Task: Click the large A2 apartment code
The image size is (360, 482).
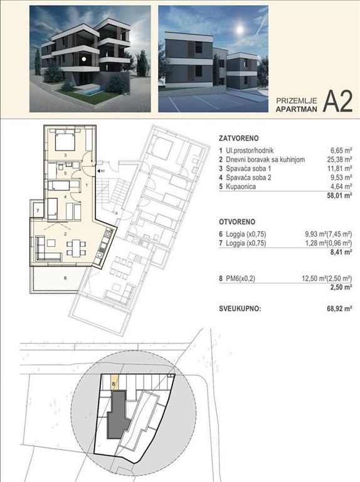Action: (337, 101)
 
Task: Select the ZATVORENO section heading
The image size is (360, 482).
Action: (239, 137)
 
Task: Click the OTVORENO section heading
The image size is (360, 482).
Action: (237, 222)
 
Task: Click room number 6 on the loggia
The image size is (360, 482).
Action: (65, 277)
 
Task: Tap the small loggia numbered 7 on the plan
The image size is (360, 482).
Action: (38, 210)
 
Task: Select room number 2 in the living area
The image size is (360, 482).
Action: (65, 233)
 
